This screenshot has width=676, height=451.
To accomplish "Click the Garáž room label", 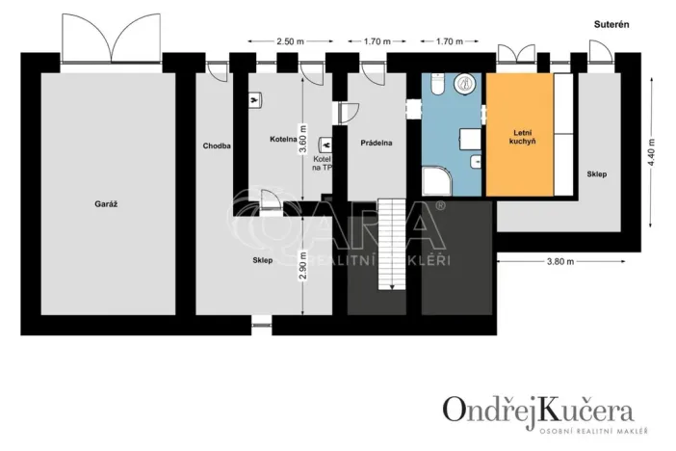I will click(x=106, y=204).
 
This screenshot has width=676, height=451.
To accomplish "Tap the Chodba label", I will click(x=216, y=146).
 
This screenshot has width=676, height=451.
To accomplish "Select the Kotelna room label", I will click(x=282, y=140).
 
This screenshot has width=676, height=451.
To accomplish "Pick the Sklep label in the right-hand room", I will click(x=596, y=173).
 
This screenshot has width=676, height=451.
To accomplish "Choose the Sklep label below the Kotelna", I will click(x=264, y=260).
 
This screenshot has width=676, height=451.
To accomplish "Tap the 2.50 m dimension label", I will click(x=290, y=41).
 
